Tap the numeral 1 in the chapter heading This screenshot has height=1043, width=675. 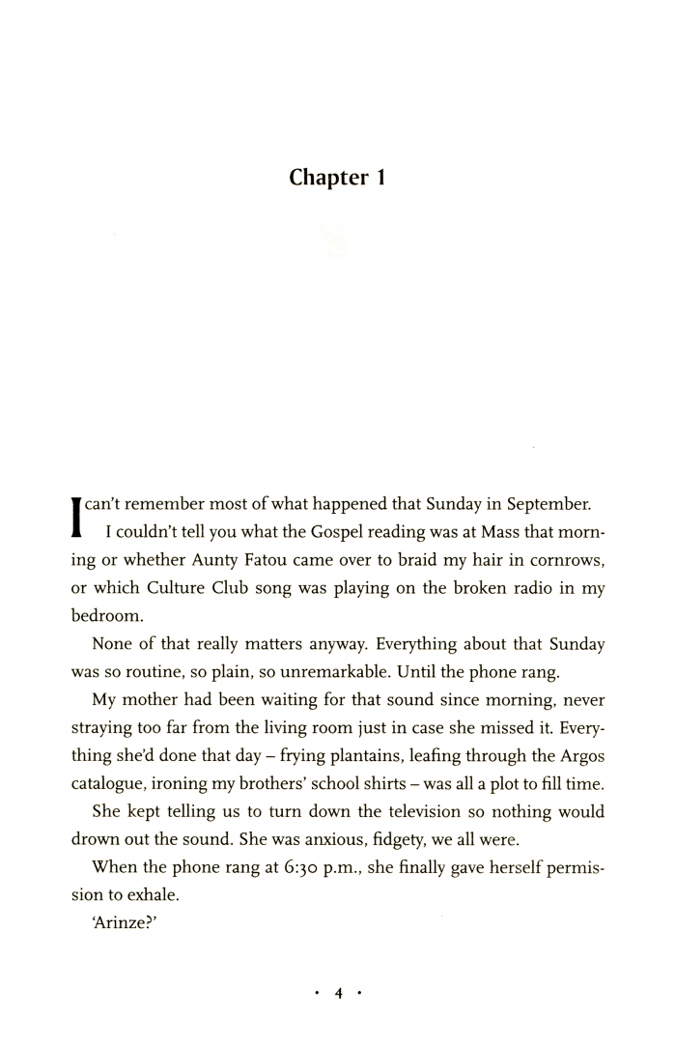(x=380, y=178)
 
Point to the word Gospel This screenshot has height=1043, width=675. (x=320, y=532)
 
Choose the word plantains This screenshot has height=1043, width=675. (x=326, y=755)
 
